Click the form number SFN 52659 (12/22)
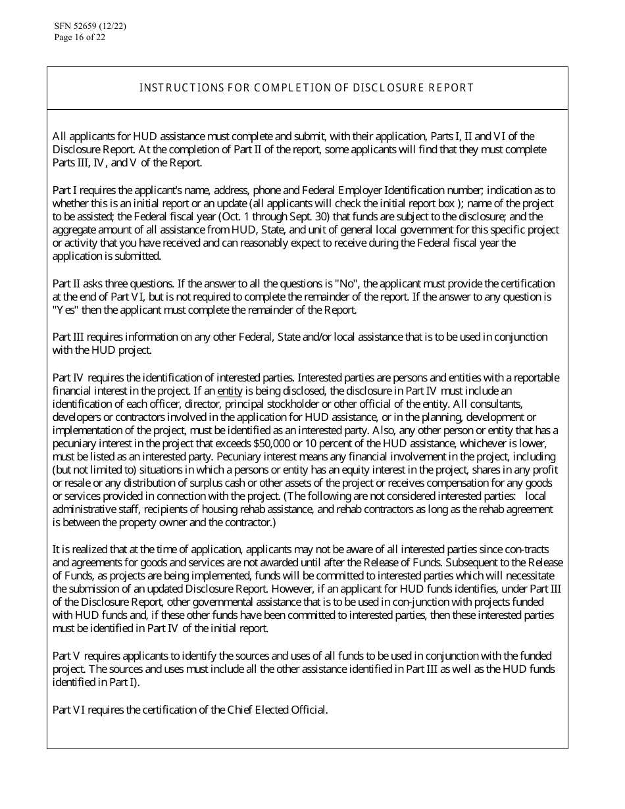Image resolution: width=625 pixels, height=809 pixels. click(90, 27)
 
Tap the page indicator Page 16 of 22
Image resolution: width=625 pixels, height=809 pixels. click(80, 37)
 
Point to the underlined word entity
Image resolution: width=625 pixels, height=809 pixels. click(230, 391)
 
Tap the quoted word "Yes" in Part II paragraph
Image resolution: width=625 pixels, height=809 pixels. click(64, 310)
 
